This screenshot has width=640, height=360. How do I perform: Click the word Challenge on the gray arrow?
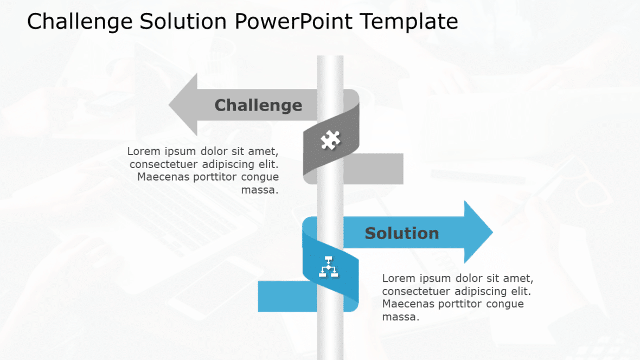point(258,105)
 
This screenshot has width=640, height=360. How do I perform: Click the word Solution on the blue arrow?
point(401,234)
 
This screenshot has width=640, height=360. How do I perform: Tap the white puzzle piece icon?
point(330,140)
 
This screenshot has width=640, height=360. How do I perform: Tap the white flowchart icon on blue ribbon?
point(329,267)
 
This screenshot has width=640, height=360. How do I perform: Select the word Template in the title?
point(409,22)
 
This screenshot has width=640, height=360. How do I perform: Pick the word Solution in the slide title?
point(183,22)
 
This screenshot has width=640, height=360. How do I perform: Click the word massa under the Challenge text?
point(259,190)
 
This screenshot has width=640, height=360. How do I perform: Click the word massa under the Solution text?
point(401,317)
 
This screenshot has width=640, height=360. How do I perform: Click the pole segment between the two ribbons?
point(330,201)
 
